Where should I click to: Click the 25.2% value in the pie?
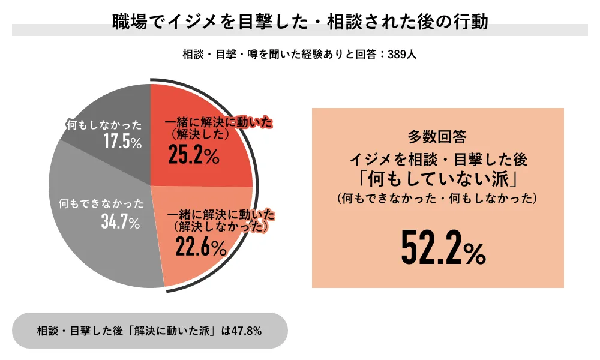tap(193, 155)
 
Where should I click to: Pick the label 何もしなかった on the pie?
tap(104, 125)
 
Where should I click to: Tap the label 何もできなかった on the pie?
tap(100, 203)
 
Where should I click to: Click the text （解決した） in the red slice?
tap(197, 134)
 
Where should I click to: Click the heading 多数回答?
tap(437, 137)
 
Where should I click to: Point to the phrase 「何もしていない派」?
tap(437, 179)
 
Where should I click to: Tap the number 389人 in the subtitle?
tap(402, 53)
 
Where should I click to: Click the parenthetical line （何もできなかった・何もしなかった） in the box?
tap(437, 198)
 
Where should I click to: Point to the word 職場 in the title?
tap(128, 22)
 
